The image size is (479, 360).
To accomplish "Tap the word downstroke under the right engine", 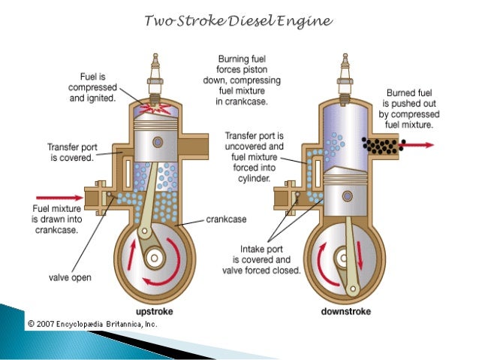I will tap(342, 310).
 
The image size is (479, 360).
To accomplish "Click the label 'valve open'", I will tap(71, 277).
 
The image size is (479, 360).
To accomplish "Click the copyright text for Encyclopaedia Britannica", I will tap(92, 324).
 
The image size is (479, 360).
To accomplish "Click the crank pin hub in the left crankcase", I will tap(156, 260).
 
